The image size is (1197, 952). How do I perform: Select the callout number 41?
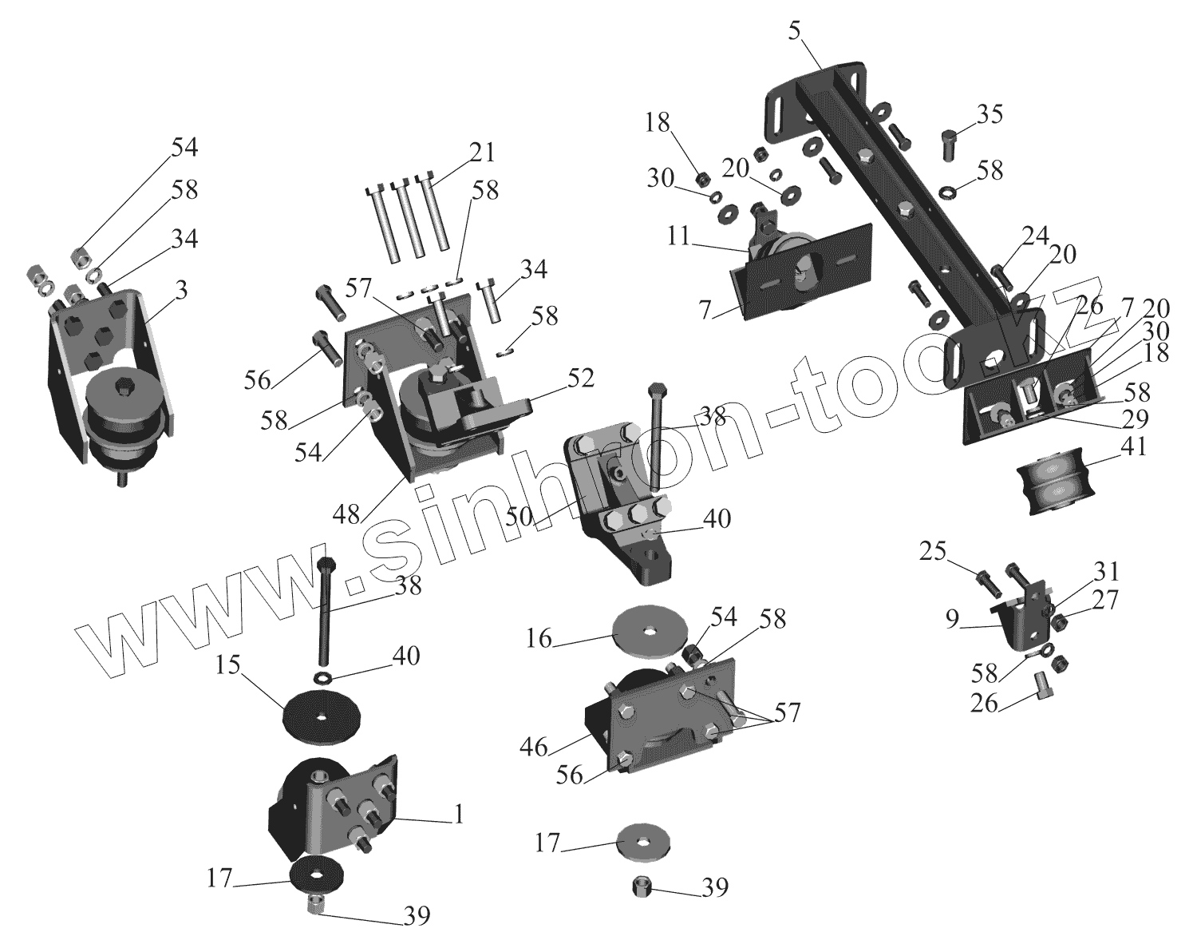tap(1132, 446)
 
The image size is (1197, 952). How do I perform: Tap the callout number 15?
tap(228, 664)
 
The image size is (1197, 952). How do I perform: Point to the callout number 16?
tap(539, 639)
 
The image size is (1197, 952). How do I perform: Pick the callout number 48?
tap(346, 514)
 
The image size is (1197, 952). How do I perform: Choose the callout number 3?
tap(181, 289)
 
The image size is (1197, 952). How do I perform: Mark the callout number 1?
tap(458, 815)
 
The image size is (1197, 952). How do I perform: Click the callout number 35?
tap(990, 114)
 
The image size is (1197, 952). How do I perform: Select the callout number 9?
tap(952, 619)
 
